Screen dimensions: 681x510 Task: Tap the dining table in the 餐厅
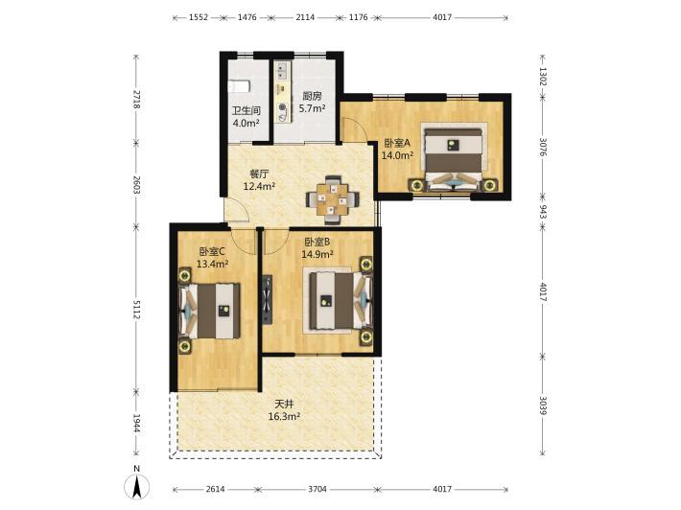(x=332, y=199)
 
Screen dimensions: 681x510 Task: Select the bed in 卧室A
(x=454, y=159)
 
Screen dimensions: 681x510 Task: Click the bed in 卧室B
(x=338, y=300)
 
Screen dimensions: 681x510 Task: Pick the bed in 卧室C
(x=209, y=311)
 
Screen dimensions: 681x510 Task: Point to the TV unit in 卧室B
(x=267, y=299)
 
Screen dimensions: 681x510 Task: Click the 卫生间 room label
(x=247, y=110)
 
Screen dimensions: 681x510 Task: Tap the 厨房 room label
(x=313, y=96)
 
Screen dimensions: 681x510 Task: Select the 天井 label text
(x=285, y=405)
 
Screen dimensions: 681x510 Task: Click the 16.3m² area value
(x=285, y=417)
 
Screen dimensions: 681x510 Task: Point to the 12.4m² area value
(x=259, y=187)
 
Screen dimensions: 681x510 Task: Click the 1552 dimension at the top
(x=198, y=17)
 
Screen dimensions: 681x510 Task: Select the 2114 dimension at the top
(x=305, y=17)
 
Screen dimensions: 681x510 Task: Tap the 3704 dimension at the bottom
(x=317, y=489)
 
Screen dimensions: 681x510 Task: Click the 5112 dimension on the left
(x=136, y=310)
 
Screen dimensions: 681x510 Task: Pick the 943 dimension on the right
(x=543, y=211)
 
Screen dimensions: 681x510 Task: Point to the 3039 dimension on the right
(x=543, y=405)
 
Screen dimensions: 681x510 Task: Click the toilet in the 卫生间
(x=239, y=86)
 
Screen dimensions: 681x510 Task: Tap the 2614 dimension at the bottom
(x=216, y=489)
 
